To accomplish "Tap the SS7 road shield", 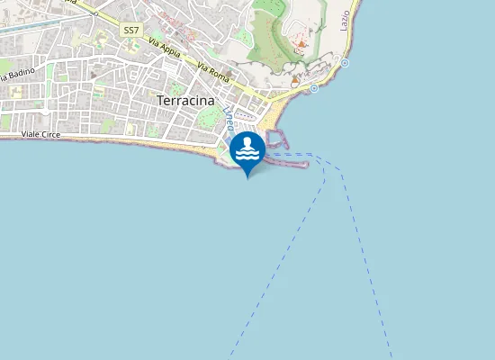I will pos(131,31).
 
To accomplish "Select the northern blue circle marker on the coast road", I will pos(344,62).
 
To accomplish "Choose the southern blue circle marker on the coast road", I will pos(313,88).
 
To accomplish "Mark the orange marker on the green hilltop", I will pos(301,42).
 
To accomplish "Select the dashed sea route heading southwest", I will pos(279,261).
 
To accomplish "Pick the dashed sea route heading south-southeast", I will pos(369,261).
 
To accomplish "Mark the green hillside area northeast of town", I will pos(270,36).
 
